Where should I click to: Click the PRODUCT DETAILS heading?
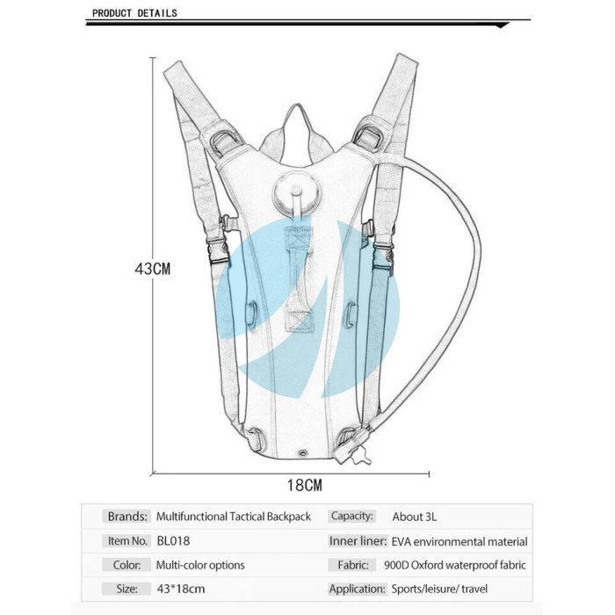(x=134, y=13)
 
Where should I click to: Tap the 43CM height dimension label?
(x=153, y=269)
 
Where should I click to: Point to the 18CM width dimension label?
(x=304, y=485)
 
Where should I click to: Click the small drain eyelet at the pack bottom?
(x=302, y=453)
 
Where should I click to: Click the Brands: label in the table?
(x=127, y=517)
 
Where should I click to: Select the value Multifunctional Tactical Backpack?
(x=234, y=517)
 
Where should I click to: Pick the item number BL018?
(x=173, y=541)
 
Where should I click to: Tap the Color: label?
(x=127, y=565)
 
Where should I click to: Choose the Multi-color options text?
(x=200, y=565)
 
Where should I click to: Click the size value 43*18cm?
(x=181, y=589)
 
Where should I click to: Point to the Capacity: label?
(x=351, y=516)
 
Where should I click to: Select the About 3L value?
(x=414, y=517)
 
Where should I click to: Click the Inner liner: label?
(x=358, y=541)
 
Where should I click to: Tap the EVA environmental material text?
(x=459, y=542)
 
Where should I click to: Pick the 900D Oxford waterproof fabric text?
(x=455, y=565)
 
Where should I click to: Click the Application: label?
(x=357, y=589)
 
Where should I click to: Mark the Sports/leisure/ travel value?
(x=439, y=589)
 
